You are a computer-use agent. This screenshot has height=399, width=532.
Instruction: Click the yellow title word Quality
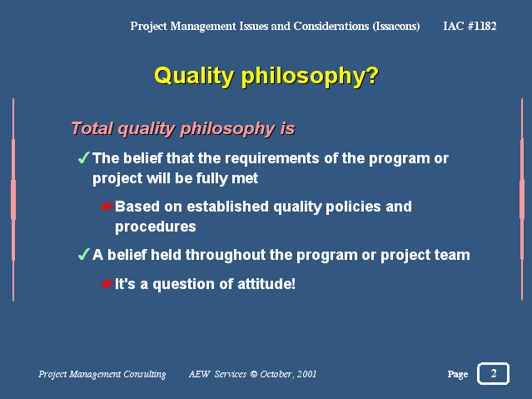(194, 76)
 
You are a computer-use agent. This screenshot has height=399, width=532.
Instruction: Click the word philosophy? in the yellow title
(310, 76)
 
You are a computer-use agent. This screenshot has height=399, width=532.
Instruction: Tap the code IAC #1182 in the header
(470, 26)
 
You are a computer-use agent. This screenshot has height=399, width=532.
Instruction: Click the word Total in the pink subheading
(92, 128)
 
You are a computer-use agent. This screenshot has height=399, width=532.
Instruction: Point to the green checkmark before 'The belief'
(83, 157)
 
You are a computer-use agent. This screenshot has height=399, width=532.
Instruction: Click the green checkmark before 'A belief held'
(83, 254)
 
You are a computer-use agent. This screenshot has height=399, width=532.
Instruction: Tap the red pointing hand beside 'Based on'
(107, 207)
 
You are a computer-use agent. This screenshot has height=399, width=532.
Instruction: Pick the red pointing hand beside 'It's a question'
(107, 284)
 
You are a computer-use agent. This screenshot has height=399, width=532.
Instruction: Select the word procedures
(156, 227)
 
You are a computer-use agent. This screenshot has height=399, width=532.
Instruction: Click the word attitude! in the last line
(266, 284)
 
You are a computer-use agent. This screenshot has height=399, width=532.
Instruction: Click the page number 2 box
(494, 373)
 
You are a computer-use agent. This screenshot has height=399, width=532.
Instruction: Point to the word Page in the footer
(458, 374)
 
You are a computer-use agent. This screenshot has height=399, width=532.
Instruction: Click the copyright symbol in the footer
(253, 374)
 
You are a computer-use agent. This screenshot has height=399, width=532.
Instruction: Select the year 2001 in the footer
(306, 374)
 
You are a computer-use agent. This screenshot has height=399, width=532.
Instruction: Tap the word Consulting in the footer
(145, 374)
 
